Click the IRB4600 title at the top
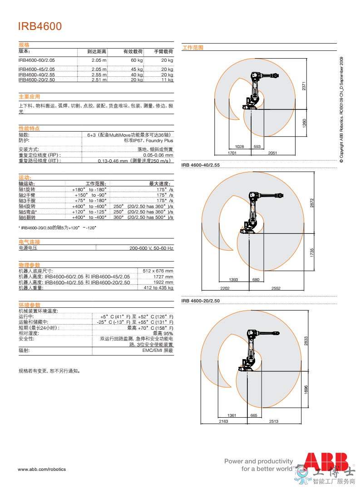pos(40,26)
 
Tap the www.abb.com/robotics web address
pos(42,469)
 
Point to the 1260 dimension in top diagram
pos(305,123)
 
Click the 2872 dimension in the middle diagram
pos(312,203)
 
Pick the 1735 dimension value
pos(312,253)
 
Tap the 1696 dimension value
pos(306,390)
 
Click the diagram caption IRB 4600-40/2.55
pos(200,164)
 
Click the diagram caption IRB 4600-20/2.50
pos(200,301)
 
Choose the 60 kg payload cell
pos(137,60)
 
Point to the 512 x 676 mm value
pos(158,271)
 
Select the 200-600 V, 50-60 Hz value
pos(151,248)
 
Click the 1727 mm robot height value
pos(163,277)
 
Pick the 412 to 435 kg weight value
pos(158,288)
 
